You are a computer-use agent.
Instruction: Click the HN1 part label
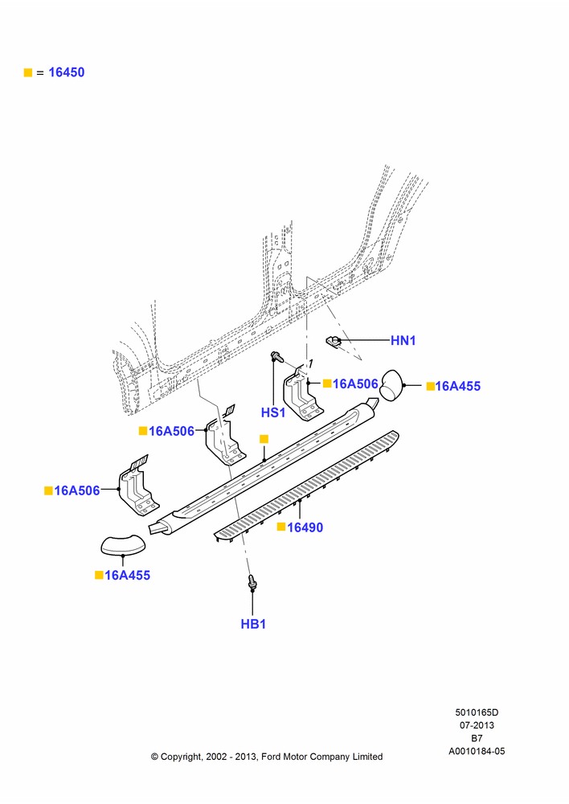403,340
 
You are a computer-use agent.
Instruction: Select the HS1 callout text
273,412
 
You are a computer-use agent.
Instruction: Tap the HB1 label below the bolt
253,624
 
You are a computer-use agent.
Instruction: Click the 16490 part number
305,527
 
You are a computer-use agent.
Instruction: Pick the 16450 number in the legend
67,72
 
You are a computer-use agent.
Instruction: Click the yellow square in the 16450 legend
28,73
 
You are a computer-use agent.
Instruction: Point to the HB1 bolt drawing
252,582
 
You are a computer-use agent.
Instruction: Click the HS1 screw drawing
276,356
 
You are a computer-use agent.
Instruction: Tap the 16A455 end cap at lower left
123,544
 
